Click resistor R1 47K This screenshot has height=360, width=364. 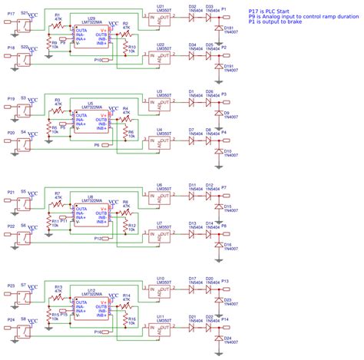click(x=58, y=22)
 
